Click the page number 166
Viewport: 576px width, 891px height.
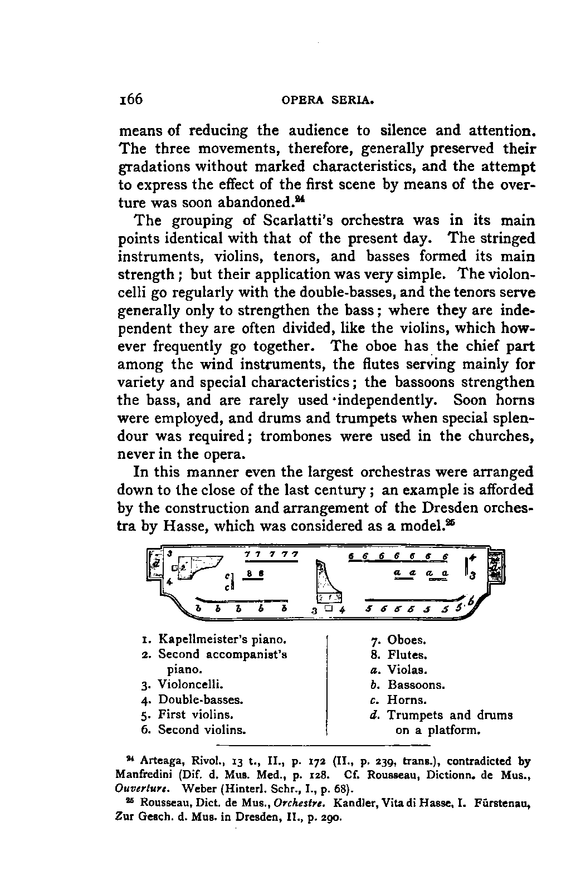point(131,100)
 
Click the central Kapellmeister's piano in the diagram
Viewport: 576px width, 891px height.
point(328,582)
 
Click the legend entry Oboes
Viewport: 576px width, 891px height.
point(407,640)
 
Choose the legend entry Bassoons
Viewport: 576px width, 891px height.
point(416,685)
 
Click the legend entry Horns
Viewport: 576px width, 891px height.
point(407,700)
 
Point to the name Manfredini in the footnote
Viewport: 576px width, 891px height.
point(143,774)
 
